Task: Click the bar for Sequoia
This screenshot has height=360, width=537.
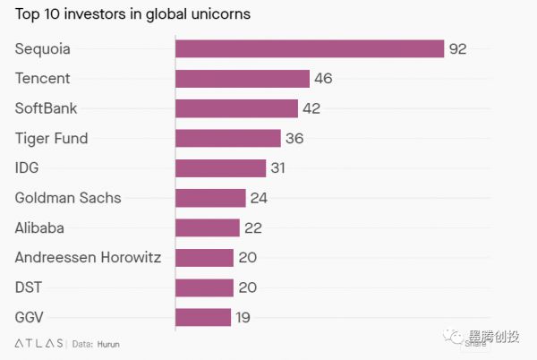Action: [x=310, y=48]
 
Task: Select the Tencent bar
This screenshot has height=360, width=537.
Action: [x=243, y=79]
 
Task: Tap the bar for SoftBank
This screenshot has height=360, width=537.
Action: [x=236, y=108]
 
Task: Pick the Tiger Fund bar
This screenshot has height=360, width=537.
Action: [x=228, y=138]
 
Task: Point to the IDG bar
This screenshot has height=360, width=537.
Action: [x=221, y=168]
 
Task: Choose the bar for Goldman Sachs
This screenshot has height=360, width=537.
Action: [x=210, y=198]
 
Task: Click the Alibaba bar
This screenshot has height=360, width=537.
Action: [x=208, y=227]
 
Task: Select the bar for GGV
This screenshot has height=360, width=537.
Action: [x=203, y=317]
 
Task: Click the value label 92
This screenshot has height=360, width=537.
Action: [x=457, y=49]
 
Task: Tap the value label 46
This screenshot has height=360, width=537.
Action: [x=323, y=79]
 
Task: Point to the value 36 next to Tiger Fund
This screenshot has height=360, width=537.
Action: [x=294, y=139]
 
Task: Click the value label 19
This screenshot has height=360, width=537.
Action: [x=243, y=317]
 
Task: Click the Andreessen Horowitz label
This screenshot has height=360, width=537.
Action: [x=88, y=258]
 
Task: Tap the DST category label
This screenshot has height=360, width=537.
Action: [x=29, y=287]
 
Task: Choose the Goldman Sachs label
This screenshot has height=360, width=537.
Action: [x=68, y=198]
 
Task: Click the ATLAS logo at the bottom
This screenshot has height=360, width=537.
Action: [x=39, y=343]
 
